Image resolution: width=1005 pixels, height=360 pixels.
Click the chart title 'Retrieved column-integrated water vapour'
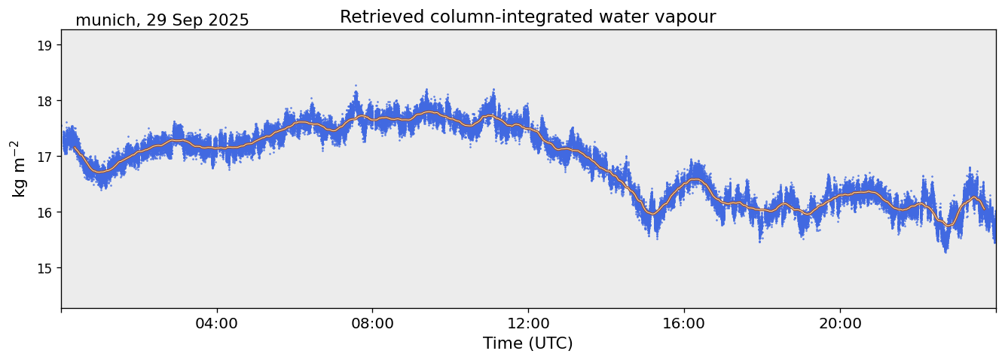pos(527,17)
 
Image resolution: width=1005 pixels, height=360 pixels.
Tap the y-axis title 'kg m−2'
pos(18,169)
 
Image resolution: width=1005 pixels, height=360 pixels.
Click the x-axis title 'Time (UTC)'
pos(527,343)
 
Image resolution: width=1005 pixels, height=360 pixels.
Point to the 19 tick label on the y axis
pos(45,45)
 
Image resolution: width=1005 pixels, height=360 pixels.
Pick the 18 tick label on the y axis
pos(45,101)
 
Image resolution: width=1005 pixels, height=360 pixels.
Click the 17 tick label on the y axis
pos(45,157)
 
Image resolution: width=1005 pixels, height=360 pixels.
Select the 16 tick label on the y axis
pos(45,212)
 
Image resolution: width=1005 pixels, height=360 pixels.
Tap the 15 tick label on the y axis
pos(45,268)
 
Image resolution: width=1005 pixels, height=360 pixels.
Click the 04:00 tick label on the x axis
pos(217,324)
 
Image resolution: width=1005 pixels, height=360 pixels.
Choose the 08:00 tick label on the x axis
pos(372,324)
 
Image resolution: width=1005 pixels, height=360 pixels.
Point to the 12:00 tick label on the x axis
pos(528,324)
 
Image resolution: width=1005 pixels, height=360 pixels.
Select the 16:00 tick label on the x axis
pos(684,324)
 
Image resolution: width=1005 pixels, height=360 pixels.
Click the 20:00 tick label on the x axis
pos(840,324)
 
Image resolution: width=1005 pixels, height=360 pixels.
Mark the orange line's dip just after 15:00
pos(652,213)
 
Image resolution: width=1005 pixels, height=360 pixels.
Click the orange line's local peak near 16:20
pos(696,179)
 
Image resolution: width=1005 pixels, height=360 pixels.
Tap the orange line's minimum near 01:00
pos(100,172)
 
